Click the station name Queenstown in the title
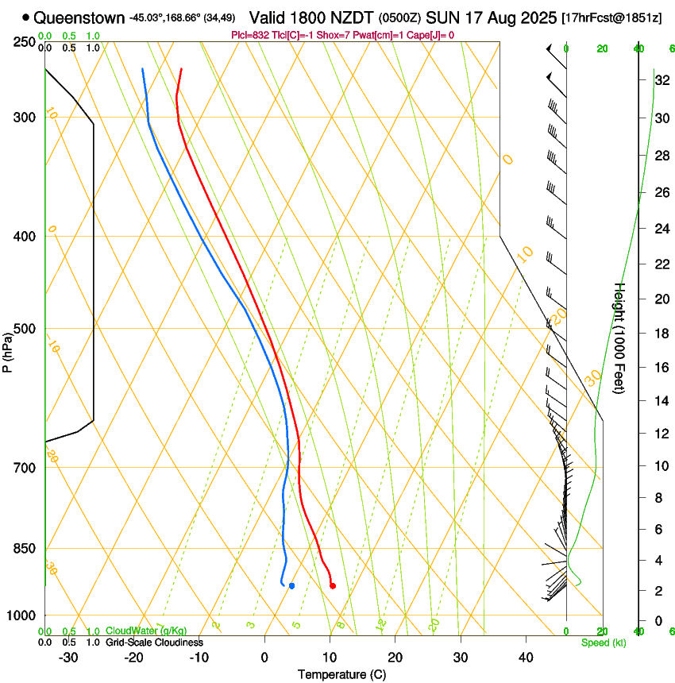79,17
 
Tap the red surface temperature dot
332,586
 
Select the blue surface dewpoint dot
291,586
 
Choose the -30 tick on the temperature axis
68,657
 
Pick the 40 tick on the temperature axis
526,657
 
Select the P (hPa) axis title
8,349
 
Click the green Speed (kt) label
603,642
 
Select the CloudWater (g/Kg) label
146,631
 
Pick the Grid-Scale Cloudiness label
154,642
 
